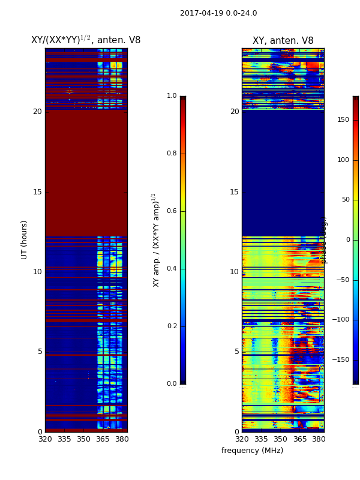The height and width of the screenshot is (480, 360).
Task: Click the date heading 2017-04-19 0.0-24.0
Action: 218,13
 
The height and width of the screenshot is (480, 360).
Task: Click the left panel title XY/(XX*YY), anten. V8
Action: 86,40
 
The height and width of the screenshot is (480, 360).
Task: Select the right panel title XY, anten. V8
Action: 283,41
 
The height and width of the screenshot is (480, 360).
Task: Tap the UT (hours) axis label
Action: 25,239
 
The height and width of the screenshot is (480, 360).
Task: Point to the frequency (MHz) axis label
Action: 252,451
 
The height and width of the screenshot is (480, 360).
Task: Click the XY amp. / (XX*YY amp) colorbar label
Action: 156,239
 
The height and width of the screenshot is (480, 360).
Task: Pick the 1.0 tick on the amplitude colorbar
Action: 172,96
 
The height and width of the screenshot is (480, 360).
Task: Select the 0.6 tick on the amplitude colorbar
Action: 172,211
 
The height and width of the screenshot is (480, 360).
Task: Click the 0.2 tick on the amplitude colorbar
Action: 172,326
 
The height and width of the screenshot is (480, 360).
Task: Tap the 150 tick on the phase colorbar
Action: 343,120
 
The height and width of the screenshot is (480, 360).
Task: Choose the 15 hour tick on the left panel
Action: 37,192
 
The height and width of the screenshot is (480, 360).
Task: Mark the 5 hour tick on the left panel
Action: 40,352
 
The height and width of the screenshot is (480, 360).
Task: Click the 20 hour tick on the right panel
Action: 234,112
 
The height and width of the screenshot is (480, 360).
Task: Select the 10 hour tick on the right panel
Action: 234,272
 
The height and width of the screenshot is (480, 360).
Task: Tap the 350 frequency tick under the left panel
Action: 83,439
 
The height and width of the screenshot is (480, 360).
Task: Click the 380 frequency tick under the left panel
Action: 121,439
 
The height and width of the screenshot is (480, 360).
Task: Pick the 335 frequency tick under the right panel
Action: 260,439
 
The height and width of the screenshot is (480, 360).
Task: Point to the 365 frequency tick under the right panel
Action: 299,439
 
